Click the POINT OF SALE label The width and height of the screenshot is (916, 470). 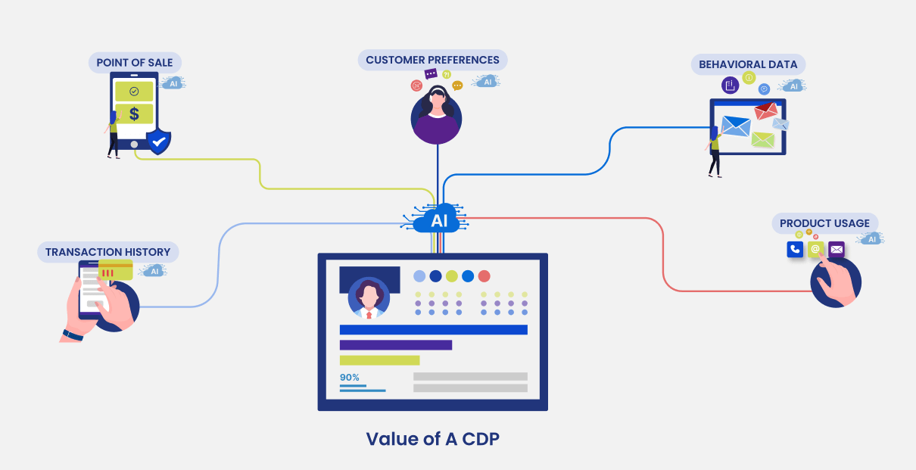pyautogui.click(x=135, y=62)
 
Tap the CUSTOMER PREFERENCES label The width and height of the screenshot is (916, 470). pyautogui.click(x=432, y=60)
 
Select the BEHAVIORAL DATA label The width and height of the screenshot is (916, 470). pyautogui.click(x=747, y=64)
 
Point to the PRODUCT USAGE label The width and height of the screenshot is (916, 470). pyautogui.click(x=824, y=223)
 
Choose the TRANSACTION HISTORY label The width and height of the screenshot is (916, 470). pyautogui.click(x=107, y=252)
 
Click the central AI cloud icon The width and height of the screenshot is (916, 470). pyautogui.click(x=438, y=219)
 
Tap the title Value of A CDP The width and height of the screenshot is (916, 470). pyautogui.click(x=432, y=439)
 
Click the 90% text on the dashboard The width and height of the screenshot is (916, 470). pyautogui.click(x=349, y=377)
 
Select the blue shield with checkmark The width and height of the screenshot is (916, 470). pyautogui.click(x=158, y=141)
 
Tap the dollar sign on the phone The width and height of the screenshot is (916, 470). pyautogui.click(x=134, y=114)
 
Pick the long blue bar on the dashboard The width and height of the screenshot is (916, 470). pyautogui.click(x=433, y=329)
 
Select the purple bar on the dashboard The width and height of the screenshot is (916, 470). pyautogui.click(x=395, y=345)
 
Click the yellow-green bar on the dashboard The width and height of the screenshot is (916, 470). pyautogui.click(x=379, y=360)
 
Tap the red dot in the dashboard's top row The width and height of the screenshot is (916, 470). pyautogui.click(x=484, y=276)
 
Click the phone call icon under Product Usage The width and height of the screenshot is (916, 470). pyautogui.click(x=795, y=249)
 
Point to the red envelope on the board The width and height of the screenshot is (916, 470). pyautogui.click(x=765, y=112)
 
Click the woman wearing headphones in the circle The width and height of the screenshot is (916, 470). pyautogui.click(x=436, y=115)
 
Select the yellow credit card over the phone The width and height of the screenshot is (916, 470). pyautogui.click(x=116, y=270)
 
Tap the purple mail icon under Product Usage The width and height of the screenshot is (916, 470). pyautogui.click(x=837, y=249)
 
